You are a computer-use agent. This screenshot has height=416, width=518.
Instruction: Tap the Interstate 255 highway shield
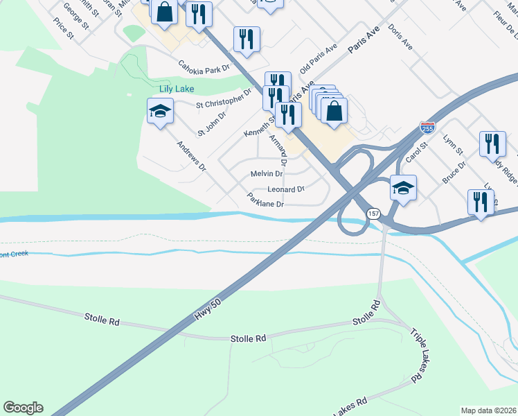tap(427, 128)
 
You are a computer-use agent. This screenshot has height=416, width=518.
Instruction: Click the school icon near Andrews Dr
tap(160, 112)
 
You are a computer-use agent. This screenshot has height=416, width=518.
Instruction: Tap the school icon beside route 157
tap(404, 187)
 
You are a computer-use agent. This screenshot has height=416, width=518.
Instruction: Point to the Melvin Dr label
tap(267, 173)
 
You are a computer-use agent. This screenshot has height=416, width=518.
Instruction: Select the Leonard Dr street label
tap(286, 189)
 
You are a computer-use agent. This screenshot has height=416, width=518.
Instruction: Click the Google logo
tap(23, 408)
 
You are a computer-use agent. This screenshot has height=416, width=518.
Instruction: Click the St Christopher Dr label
tap(224, 100)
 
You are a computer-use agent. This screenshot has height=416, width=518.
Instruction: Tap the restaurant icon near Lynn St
tap(492, 144)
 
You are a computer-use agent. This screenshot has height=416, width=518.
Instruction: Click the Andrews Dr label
tap(191, 156)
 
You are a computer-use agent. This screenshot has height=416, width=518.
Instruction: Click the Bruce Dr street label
tap(454, 171)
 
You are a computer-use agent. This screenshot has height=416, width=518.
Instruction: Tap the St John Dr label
tap(212, 123)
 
